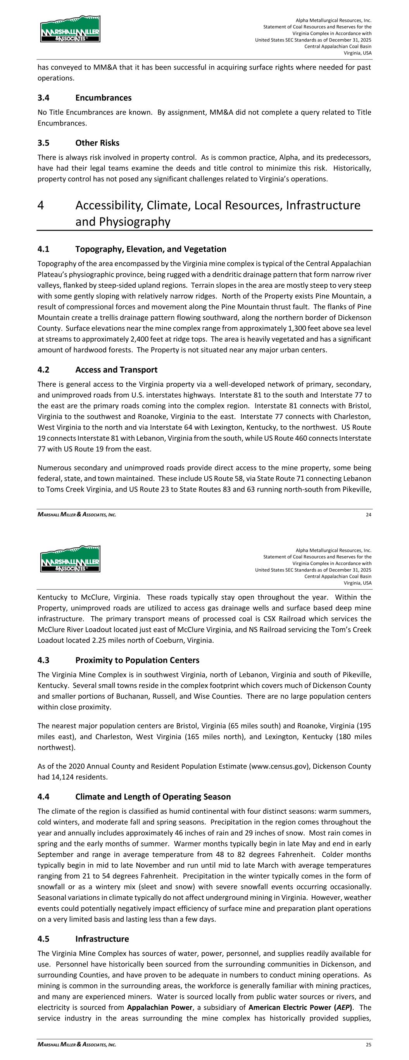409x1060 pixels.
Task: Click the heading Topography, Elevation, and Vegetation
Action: click(150, 249)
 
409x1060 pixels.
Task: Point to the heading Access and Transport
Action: click(116, 370)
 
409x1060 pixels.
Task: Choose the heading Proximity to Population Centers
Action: click(137, 660)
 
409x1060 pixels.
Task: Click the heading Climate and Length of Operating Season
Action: click(153, 797)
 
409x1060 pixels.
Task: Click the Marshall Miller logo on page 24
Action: click(70, 29)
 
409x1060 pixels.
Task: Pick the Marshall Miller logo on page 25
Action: click(70, 559)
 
